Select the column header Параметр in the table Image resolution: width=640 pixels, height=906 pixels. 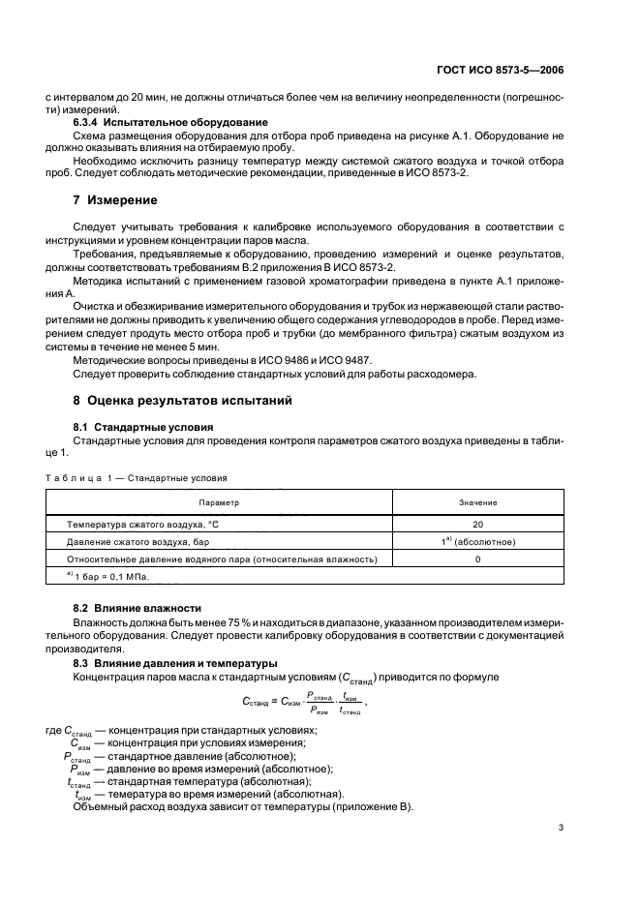(220, 503)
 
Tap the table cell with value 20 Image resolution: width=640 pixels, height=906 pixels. (477, 524)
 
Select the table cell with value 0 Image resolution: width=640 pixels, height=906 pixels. (477, 559)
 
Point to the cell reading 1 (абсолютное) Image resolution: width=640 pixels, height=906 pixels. (477, 541)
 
